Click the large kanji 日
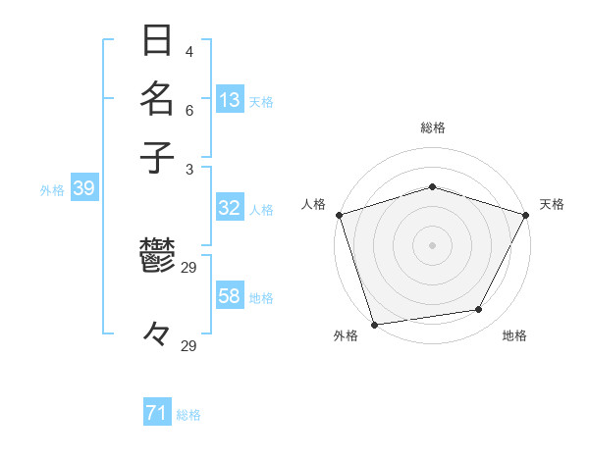coord(157,41)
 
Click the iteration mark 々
coord(157,334)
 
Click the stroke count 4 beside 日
coord(188,51)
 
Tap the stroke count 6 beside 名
coord(188,111)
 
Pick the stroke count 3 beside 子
coord(188,169)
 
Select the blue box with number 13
coord(230,100)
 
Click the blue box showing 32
coord(230,208)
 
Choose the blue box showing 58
coord(230,296)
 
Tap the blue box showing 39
coord(83,189)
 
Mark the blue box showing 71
coord(157,414)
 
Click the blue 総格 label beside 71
coord(188,415)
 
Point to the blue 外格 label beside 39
coord(52,190)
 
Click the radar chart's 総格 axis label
coord(432,128)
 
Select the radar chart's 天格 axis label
coord(552,204)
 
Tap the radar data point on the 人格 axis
coord(339,215)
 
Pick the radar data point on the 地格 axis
coord(479,309)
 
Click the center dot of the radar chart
coord(432,244)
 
